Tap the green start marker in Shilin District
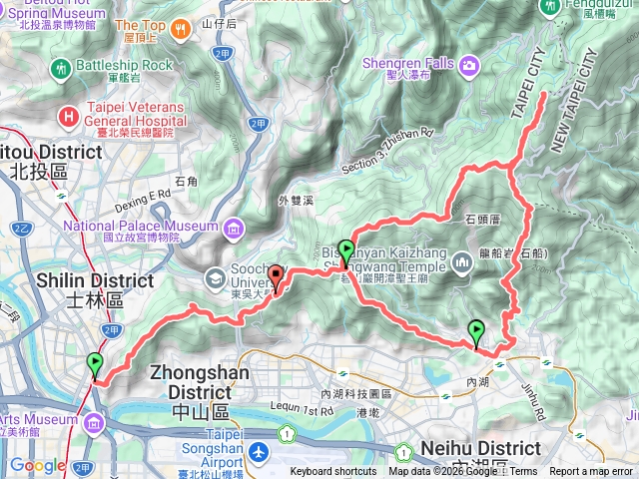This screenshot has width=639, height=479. pos(95,363)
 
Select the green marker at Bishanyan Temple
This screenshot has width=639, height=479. pos(345,250)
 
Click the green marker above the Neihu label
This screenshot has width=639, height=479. pos(476,331)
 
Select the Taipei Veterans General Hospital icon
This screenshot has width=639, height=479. pos(68,117)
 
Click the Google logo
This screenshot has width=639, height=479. pos(37,465)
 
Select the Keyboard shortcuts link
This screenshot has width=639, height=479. pos(333,472)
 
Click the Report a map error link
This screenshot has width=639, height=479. pos(591,472)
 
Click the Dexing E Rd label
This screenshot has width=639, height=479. pos(145,197)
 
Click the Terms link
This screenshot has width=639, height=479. pos(524,472)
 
